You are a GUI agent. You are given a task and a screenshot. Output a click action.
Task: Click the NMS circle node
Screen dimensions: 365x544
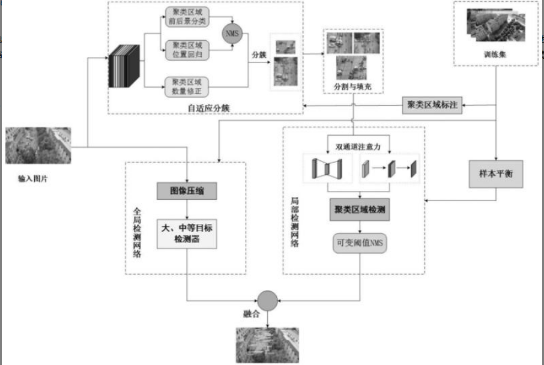click(x=232, y=34)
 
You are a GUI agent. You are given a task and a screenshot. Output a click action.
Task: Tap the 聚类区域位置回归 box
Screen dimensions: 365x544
click(x=187, y=50)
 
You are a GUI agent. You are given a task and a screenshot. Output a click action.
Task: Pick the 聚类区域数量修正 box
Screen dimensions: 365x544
click(x=187, y=86)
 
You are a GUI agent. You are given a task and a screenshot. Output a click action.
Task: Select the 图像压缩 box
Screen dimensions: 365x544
click(x=186, y=192)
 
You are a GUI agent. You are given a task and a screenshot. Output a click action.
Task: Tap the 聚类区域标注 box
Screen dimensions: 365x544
click(x=432, y=105)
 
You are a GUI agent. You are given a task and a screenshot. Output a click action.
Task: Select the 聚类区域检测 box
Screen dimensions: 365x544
click(x=360, y=210)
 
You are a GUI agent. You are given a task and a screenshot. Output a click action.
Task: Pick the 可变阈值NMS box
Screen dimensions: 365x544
click(x=360, y=243)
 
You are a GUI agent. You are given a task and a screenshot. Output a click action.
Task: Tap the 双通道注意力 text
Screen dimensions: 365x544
click(x=358, y=145)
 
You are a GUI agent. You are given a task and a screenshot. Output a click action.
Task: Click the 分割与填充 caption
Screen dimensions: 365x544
click(x=352, y=88)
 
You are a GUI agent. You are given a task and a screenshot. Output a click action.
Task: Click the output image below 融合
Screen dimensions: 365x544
click(x=267, y=345)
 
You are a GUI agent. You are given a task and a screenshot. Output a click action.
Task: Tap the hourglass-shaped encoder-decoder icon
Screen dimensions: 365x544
click(x=327, y=169)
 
